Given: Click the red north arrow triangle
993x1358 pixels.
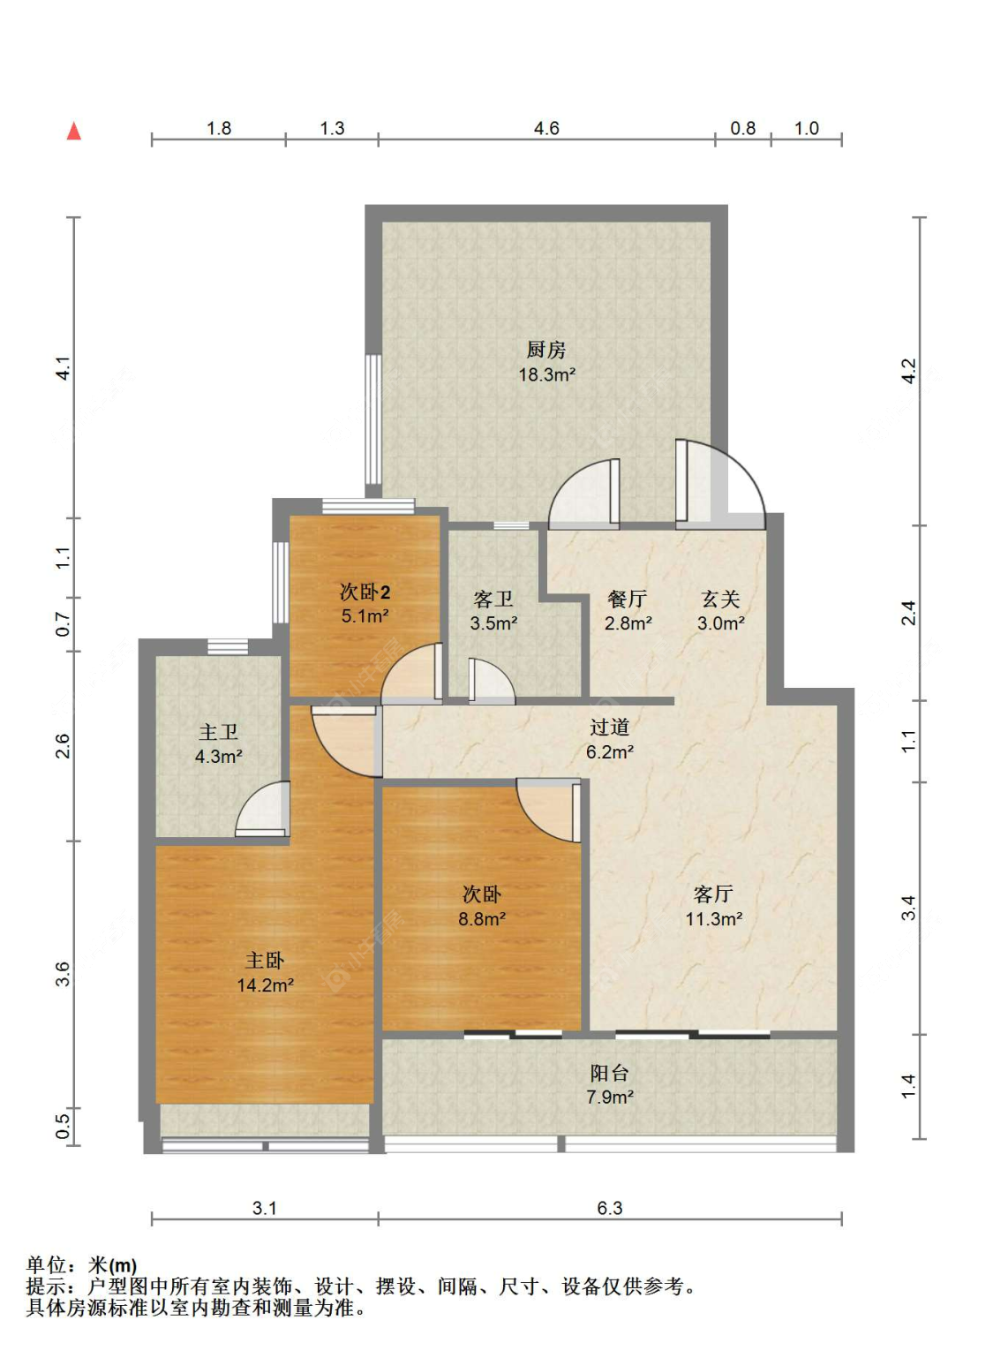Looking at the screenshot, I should pyautogui.click(x=74, y=132).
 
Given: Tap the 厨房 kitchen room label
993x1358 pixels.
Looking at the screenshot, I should pyautogui.click(x=546, y=351).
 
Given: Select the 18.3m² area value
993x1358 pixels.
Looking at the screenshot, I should pyautogui.click(x=546, y=374).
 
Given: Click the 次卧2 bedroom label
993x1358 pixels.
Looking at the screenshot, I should pyautogui.click(x=365, y=592).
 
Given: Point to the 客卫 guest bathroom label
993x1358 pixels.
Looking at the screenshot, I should pyautogui.click(x=493, y=600).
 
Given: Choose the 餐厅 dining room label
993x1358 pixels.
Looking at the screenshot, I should pyautogui.click(x=628, y=600).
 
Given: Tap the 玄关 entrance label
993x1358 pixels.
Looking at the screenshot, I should pyautogui.click(x=720, y=600).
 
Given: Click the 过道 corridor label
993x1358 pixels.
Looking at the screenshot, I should pyautogui.click(x=609, y=728).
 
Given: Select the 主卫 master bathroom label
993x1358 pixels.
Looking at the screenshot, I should pyautogui.click(x=218, y=732).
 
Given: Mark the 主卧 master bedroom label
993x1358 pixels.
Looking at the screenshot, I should pyautogui.click(x=265, y=961).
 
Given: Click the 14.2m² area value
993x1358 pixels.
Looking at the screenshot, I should pyautogui.click(x=265, y=985).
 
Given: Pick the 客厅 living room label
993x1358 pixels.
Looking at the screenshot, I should pyautogui.click(x=713, y=894).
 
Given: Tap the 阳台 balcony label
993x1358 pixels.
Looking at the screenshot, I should pyautogui.click(x=609, y=1073).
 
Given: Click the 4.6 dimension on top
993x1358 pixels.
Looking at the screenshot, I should pyautogui.click(x=546, y=129).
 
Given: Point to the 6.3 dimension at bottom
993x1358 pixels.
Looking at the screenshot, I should pyautogui.click(x=609, y=1208).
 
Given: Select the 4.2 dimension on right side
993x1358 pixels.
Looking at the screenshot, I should pyautogui.click(x=908, y=371).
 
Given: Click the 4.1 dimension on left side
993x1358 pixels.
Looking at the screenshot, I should pyautogui.click(x=63, y=368).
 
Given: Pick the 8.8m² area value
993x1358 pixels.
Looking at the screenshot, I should pyautogui.click(x=482, y=919).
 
